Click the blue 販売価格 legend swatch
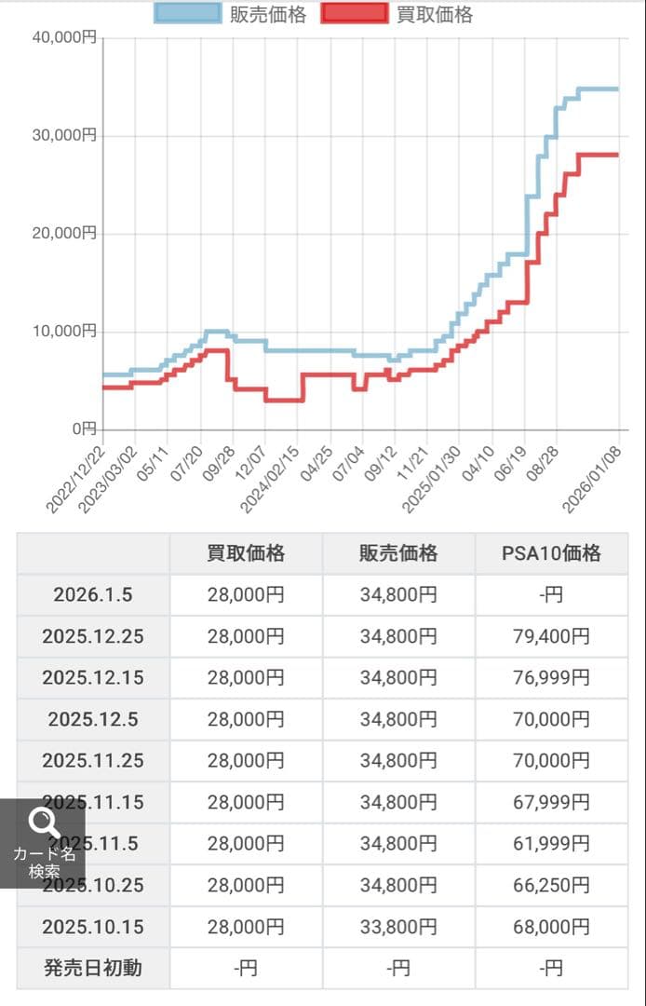(188, 14)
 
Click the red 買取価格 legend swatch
(355, 14)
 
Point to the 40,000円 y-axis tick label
(66, 38)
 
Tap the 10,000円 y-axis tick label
(66, 331)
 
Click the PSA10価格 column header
(551, 553)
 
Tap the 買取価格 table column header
(246, 553)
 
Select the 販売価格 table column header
(398, 553)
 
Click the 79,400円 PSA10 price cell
(551, 636)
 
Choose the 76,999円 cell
(551, 678)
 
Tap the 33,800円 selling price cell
(398, 927)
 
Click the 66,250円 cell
(551, 885)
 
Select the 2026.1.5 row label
(93, 594)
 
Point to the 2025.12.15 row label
(93, 678)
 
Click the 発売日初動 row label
(93, 968)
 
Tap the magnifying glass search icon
(44, 822)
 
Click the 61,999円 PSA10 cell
(551, 844)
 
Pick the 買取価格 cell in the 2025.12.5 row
(246, 719)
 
